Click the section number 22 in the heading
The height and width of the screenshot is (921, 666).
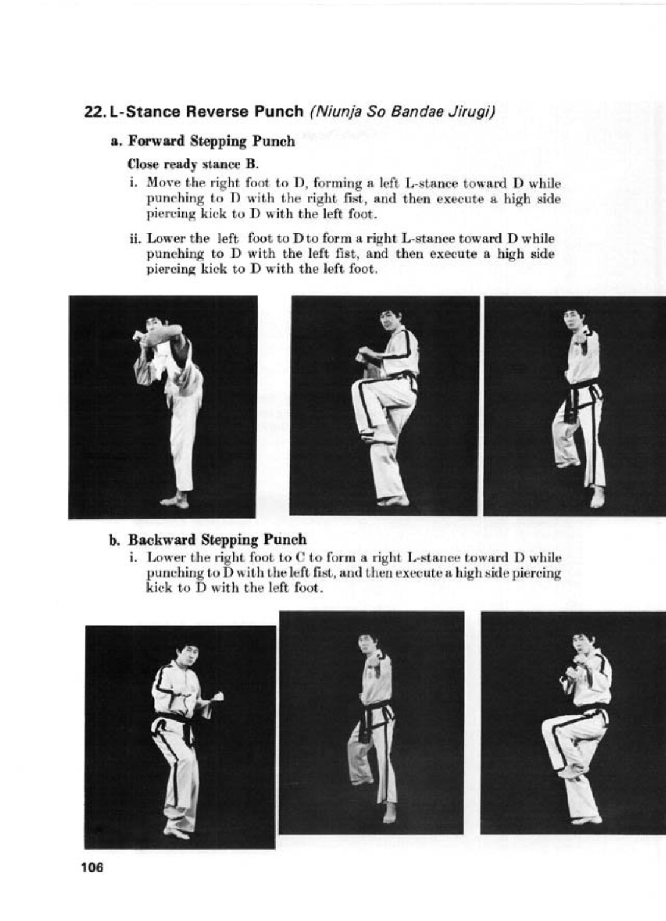coord(93,111)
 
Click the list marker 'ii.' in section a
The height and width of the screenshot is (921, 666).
coord(136,239)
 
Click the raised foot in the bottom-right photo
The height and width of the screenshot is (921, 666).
coord(569,773)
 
